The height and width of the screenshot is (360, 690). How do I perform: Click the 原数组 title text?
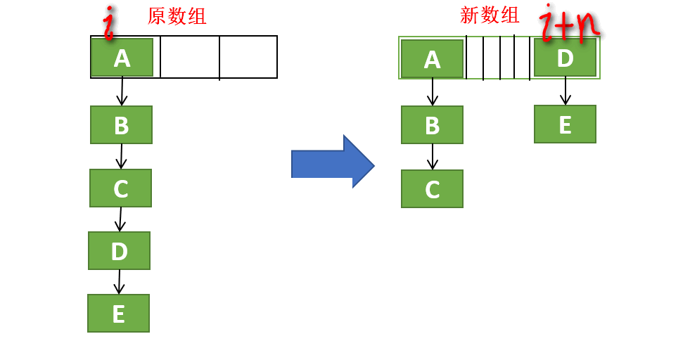pyautogui.click(x=177, y=16)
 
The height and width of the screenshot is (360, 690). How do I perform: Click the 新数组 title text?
pyautogui.click(x=490, y=15)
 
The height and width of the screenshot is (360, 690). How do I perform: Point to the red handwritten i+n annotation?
pyautogui.click(x=572, y=23)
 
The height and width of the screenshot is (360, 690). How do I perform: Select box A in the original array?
pyautogui.click(x=122, y=58)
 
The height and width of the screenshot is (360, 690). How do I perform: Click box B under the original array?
pyautogui.click(x=121, y=125)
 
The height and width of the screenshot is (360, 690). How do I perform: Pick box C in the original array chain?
pyautogui.click(x=120, y=188)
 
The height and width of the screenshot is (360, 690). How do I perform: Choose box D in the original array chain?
pyautogui.click(x=119, y=250)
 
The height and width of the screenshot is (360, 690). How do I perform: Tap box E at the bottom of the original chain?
pyautogui.click(x=118, y=313)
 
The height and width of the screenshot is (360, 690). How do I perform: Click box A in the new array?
pyautogui.click(x=432, y=59)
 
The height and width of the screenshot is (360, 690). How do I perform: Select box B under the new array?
pyautogui.click(x=432, y=125)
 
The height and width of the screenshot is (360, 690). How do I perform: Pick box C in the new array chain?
pyautogui.click(x=432, y=188)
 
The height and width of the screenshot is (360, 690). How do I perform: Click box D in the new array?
pyautogui.click(x=565, y=57)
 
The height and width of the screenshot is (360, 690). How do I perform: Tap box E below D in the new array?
pyautogui.click(x=565, y=124)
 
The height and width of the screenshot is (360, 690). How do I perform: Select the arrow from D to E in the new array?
pyautogui.click(x=565, y=91)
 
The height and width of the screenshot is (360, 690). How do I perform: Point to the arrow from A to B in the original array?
pyautogui.click(x=122, y=91)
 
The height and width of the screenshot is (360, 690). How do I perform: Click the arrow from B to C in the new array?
pyautogui.click(x=432, y=156)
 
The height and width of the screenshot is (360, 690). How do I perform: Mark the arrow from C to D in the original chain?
pyautogui.click(x=120, y=219)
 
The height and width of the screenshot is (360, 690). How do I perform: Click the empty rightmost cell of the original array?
pyautogui.click(x=248, y=57)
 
